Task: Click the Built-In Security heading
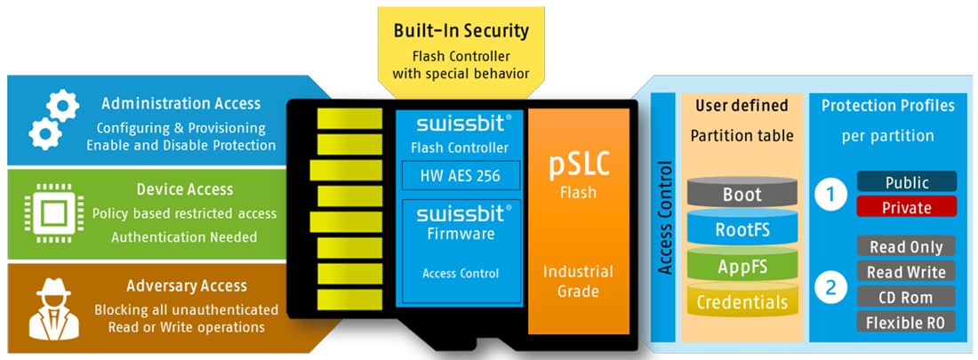coord(461,31)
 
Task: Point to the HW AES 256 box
coord(460,175)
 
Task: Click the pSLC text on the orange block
coord(578,166)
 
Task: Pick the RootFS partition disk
coord(742,230)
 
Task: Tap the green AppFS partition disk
coord(742,266)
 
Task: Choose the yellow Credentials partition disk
coord(742,302)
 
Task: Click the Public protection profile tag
coord(906,182)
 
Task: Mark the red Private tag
coord(906,207)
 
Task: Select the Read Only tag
coord(906,247)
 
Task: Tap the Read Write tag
coord(906,272)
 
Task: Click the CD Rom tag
coord(906,297)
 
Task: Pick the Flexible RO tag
coord(906,322)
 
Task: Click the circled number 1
coord(830,196)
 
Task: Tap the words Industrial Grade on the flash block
coord(578,281)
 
